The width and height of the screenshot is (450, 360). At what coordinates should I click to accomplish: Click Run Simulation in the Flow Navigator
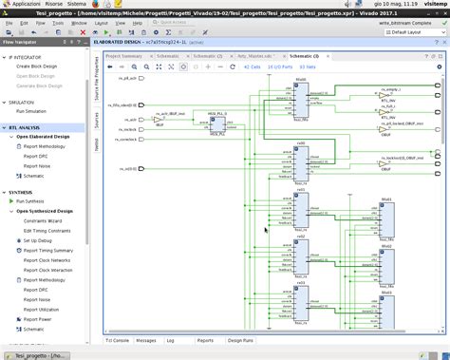[x=39, y=112]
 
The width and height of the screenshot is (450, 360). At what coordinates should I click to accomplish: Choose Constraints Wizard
[x=42, y=220]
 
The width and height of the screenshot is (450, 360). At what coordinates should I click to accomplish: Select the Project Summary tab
[x=122, y=56]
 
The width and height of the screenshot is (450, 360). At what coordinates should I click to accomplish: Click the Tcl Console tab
[x=116, y=339]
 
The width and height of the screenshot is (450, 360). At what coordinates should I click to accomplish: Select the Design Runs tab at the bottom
[x=241, y=339]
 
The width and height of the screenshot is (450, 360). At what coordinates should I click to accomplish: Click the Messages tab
[x=146, y=339]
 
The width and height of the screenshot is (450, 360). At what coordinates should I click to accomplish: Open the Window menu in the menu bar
[x=80, y=22]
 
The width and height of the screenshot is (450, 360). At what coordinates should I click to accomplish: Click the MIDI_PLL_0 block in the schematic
[x=219, y=123]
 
